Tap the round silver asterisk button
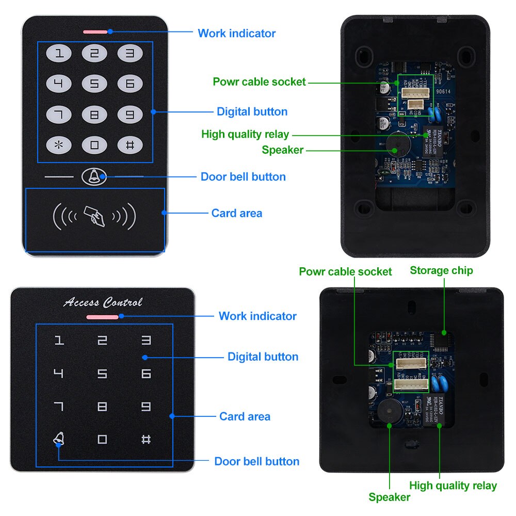click(x=60, y=144)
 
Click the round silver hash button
click(x=130, y=144)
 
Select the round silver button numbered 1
click(x=60, y=53)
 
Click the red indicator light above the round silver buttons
click(x=95, y=31)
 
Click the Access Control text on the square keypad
click(x=103, y=302)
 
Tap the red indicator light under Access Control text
click(x=103, y=317)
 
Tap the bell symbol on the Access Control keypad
click(x=59, y=439)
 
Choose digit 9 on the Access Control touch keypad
click(x=146, y=407)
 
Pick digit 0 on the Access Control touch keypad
click(x=102, y=440)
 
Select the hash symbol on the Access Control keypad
click(x=146, y=440)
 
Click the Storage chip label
click(x=441, y=270)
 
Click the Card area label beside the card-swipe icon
click(x=237, y=213)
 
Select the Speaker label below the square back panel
click(x=389, y=497)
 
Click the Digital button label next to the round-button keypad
click(x=252, y=111)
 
